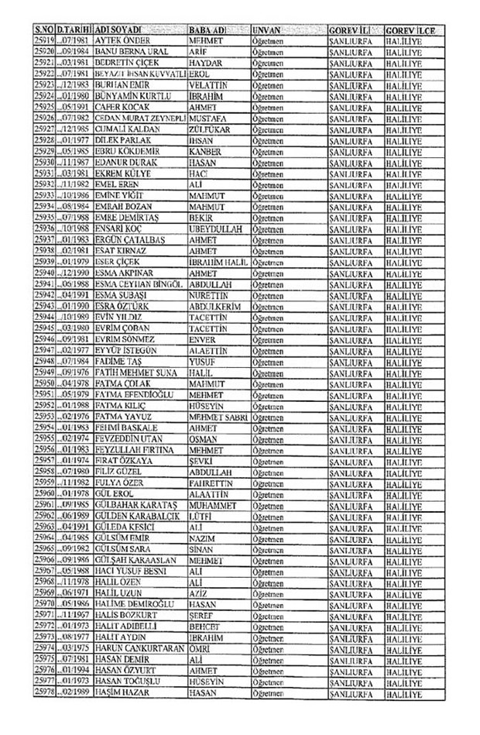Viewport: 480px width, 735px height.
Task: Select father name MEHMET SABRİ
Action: (x=218, y=416)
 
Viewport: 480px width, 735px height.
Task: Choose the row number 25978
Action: (x=44, y=691)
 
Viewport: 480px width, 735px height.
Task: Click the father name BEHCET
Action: (x=206, y=625)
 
